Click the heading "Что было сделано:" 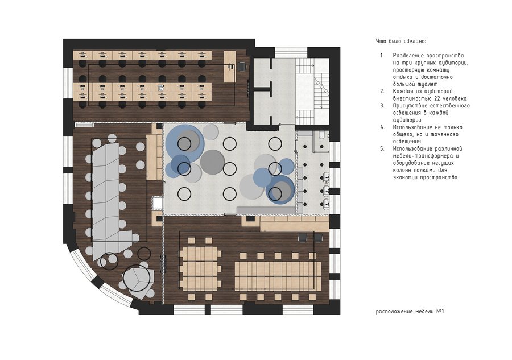(x=401, y=42)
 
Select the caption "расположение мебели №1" (x=410, y=311)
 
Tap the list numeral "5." (x=382, y=149)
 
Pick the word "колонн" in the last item (x=403, y=171)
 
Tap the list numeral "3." (x=382, y=106)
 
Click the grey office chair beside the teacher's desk (x=242, y=66)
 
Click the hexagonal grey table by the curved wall (x=138, y=280)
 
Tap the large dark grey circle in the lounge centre (x=213, y=162)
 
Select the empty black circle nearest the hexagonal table (x=144, y=253)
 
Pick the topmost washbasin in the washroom (x=326, y=177)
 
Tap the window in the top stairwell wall (x=291, y=52)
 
